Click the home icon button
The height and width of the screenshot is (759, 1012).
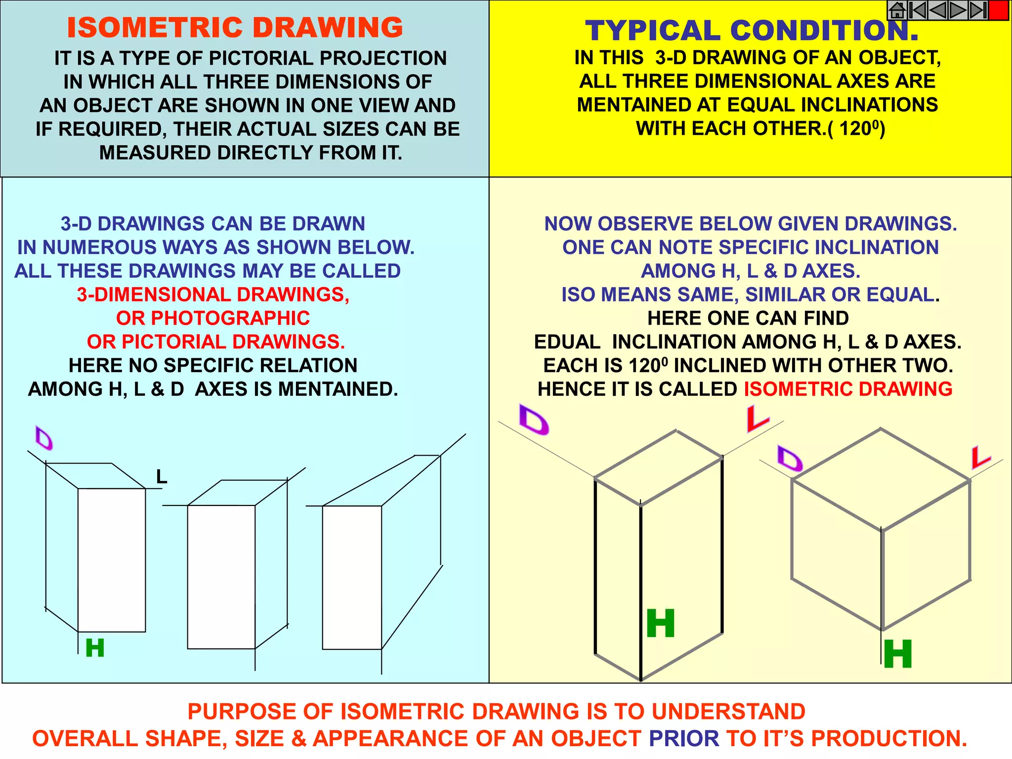click(897, 10)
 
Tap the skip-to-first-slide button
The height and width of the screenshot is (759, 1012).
click(917, 10)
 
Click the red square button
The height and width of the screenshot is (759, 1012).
click(999, 10)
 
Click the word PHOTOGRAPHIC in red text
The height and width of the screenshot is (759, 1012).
click(213, 318)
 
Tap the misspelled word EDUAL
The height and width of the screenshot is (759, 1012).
click(567, 342)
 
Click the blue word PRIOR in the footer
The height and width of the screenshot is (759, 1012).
click(684, 738)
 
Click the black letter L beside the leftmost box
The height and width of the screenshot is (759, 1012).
click(162, 477)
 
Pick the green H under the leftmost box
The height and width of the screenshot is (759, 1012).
click(95, 648)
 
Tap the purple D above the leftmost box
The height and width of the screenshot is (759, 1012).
click(44, 438)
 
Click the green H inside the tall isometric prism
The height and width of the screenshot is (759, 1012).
click(661, 624)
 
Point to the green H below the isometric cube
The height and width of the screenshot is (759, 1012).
click(898, 654)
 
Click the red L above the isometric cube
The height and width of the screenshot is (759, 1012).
click(980, 458)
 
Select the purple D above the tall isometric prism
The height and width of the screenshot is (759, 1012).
click(534, 420)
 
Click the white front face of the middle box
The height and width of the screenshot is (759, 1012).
click(221, 577)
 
